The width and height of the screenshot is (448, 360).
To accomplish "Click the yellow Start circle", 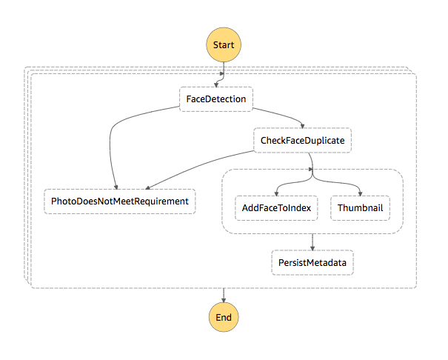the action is (224, 44).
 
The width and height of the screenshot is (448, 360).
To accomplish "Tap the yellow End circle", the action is (224, 317).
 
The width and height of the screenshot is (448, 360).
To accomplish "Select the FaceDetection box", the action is (216, 99).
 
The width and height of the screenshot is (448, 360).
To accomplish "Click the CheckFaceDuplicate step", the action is (303, 140).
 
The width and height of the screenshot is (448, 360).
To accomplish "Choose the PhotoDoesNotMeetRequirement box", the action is (120, 201).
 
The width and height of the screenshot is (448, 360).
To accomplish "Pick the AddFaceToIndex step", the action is (276, 208).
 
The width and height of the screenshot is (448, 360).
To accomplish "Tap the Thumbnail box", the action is (361, 208).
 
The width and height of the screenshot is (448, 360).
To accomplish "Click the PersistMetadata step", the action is (312, 262).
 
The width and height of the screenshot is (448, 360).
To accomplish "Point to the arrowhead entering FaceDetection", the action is (216, 85).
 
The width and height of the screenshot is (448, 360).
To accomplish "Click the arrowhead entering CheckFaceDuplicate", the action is (303, 126).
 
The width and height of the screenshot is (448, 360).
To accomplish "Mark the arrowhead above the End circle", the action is (224, 300).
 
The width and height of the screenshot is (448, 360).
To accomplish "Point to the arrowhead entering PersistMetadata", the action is (312, 248).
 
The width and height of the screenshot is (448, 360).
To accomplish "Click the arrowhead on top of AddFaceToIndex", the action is (276, 194).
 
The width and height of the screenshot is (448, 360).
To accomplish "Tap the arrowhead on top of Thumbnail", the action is (361, 194).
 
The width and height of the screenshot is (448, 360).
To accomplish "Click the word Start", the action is (224, 45).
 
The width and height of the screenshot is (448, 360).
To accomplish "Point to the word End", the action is (224, 318).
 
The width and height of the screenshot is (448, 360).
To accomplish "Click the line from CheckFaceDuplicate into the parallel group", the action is (312, 161).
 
